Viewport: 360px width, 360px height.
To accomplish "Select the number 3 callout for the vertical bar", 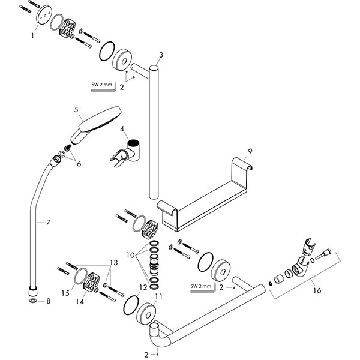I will [x=161, y=56].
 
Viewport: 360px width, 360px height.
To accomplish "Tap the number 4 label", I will [x=122, y=129].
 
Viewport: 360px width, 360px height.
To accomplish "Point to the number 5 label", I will [x=77, y=110].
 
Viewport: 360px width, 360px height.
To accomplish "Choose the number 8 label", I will [x=41, y=301].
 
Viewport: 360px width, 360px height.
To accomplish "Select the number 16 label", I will [x=317, y=291].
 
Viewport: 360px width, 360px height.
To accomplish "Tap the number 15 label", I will [x=65, y=292].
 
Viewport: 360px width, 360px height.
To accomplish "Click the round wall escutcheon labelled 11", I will [x=147, y=313].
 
